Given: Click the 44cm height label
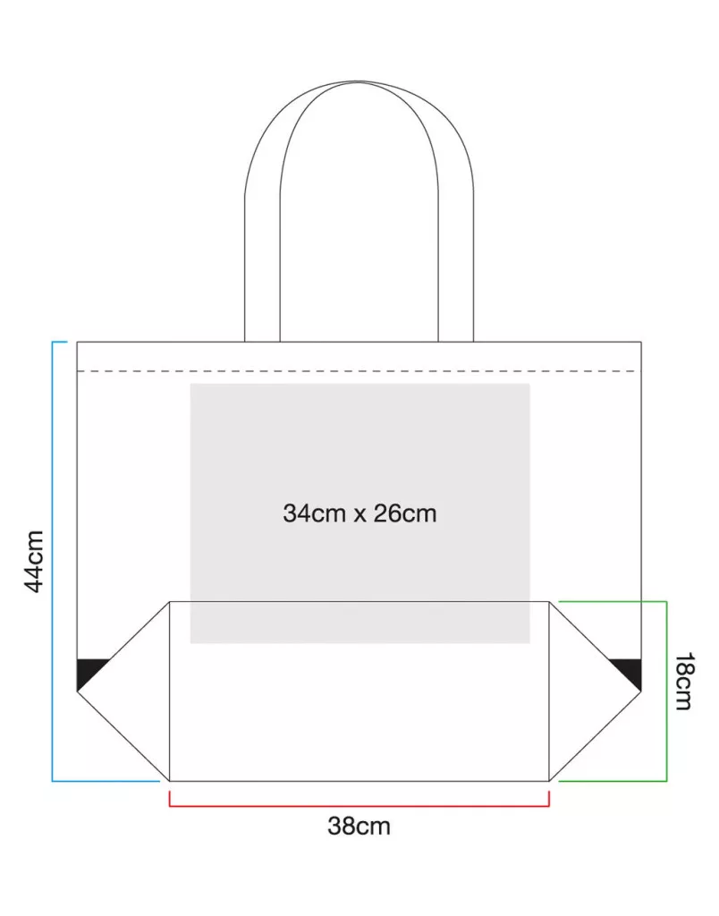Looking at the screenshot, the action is (x=35, y=562).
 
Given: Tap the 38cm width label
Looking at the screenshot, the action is (x=359, y=826).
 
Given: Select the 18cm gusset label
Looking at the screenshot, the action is (x=684, y=681).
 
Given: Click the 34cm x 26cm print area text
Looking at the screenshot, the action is (x=359, y=513).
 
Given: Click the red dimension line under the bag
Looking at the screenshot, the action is (x=359, y=806).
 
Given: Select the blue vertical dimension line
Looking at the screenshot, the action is (x=53, y=561).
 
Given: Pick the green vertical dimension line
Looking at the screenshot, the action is (x=666, y=691).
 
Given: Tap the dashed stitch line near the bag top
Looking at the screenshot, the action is (x=359, y=371).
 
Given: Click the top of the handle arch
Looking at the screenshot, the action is (x=359, y=81).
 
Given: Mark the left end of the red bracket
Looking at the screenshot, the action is (x=169, y=791).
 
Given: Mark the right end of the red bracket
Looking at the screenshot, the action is (x=549, y=791).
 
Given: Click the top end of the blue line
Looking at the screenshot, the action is (x=67, y=342).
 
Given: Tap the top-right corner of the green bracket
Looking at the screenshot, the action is (x=666, y=601).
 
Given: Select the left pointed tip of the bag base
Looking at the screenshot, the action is (x=77, y=691).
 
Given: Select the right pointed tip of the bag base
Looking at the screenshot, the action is (x=641, y=691).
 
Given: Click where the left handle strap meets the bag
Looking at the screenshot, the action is (x=262, y=342).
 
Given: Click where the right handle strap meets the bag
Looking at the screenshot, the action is (x=455, y=342).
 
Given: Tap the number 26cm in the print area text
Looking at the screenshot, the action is (x=405, y=513).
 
